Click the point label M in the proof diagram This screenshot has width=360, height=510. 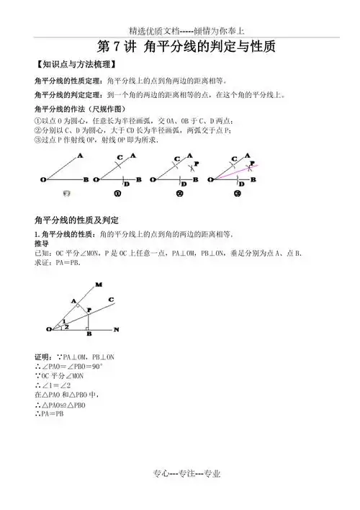(99, 285)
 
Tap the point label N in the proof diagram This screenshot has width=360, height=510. (117, 330)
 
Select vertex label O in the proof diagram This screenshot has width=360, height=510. (48, 329)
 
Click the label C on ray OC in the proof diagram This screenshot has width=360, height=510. (111, 299)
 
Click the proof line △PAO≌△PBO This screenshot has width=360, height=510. (60, 406)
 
